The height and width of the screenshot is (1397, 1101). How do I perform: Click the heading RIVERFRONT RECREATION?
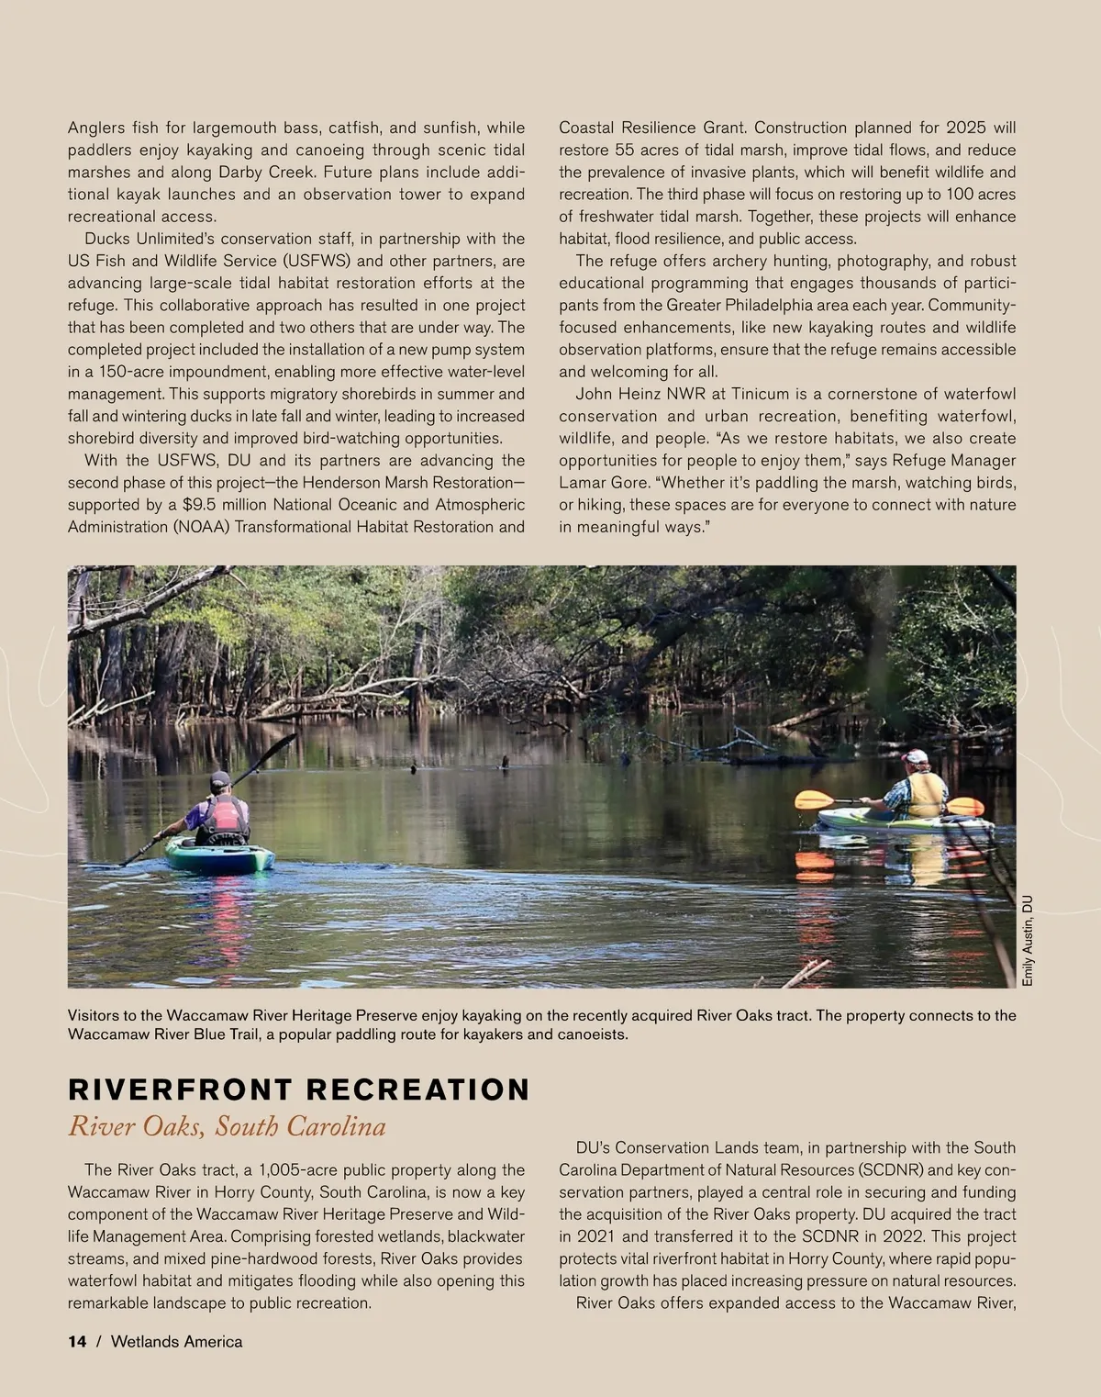point(299,1090)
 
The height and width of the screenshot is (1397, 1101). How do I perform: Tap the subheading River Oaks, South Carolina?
point(227,1126)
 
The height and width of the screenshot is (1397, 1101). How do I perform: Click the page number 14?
point(77,1342)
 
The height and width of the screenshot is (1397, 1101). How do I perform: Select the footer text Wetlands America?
point(177,1342)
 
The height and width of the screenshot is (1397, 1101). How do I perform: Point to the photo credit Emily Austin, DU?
point(1028,941)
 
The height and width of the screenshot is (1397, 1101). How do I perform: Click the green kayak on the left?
point(220,857)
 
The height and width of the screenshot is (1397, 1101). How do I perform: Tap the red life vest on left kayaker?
point(223,817)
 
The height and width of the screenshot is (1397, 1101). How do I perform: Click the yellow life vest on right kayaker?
point(925,793)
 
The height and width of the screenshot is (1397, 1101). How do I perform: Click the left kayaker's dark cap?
point(219,779)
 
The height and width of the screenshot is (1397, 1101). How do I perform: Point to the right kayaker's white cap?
point(915,756)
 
